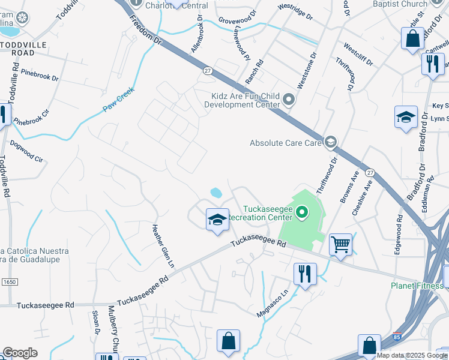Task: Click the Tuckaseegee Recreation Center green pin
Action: coord(303,212)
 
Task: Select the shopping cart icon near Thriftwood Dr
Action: coord(340,244)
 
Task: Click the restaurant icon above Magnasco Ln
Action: coord(305,274)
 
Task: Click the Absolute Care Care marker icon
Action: coord(330,142)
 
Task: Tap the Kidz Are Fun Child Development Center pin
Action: coord(289,100)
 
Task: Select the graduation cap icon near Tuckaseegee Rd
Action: coord(217,219)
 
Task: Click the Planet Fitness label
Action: coord(417,286)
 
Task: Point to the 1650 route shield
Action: coord(8,281)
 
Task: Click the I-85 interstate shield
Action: coord(397,333)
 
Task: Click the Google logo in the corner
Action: coord(20,353)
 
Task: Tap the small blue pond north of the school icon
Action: coord(216,193)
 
